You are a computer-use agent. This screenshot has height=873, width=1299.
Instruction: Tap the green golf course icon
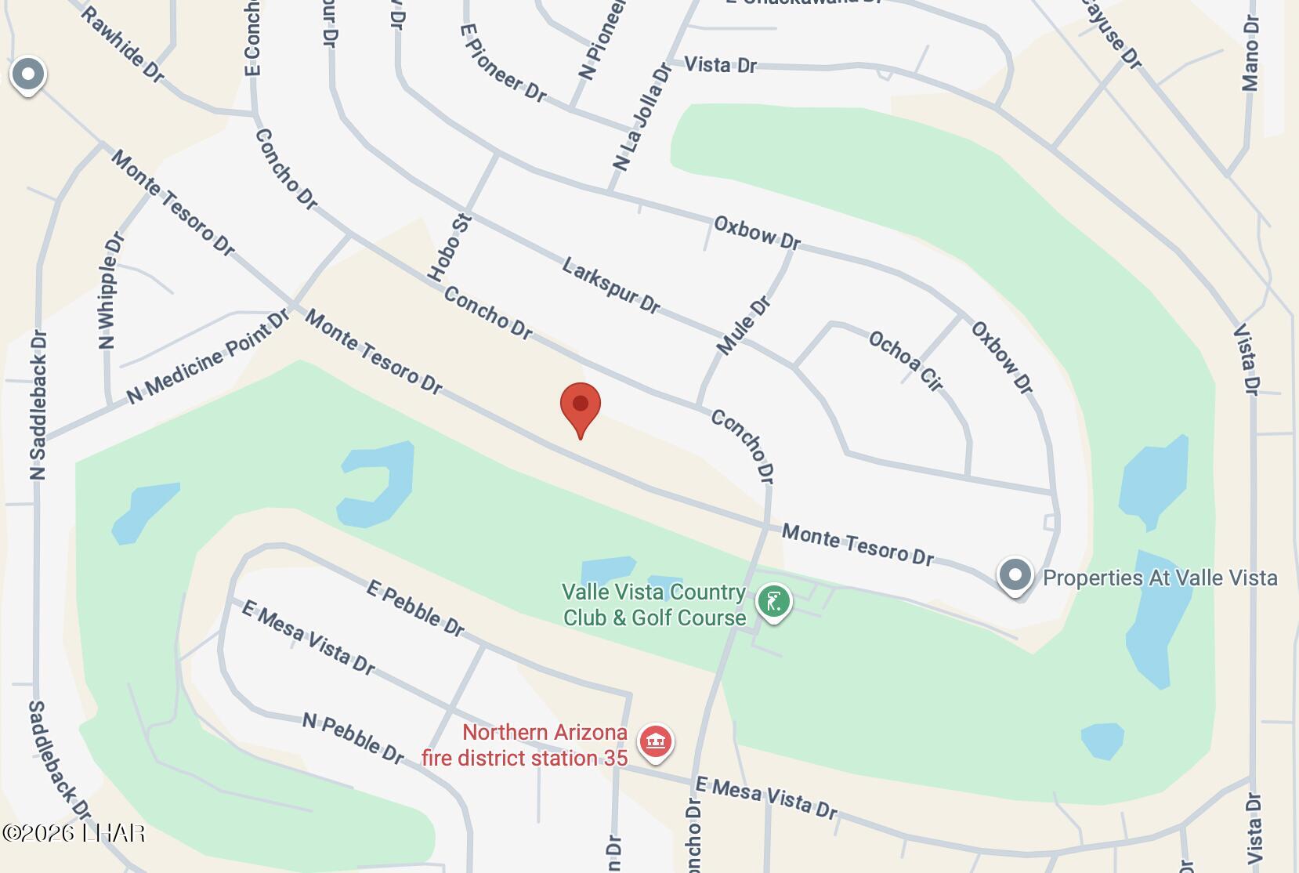773,603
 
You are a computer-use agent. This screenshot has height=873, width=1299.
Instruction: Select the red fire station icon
656,741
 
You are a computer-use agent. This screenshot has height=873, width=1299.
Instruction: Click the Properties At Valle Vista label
1160,578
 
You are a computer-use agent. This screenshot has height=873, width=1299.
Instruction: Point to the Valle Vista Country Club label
654,605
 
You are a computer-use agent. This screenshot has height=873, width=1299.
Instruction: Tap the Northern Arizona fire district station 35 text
524,745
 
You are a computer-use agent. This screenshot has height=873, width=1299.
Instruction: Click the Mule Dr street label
744,326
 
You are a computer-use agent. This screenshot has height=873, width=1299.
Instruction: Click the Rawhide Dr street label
122,44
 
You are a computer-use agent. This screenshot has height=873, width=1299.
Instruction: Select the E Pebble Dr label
415,608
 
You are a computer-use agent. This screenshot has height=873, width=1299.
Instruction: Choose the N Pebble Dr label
353,737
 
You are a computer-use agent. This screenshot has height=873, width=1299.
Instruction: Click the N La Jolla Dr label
642,118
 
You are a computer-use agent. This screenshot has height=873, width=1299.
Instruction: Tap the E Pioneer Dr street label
502,63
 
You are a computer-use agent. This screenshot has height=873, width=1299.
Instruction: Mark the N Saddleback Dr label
38,404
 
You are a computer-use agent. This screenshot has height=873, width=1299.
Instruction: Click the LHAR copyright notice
74,832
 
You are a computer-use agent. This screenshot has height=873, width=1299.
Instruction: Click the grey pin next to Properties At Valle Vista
1015,576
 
